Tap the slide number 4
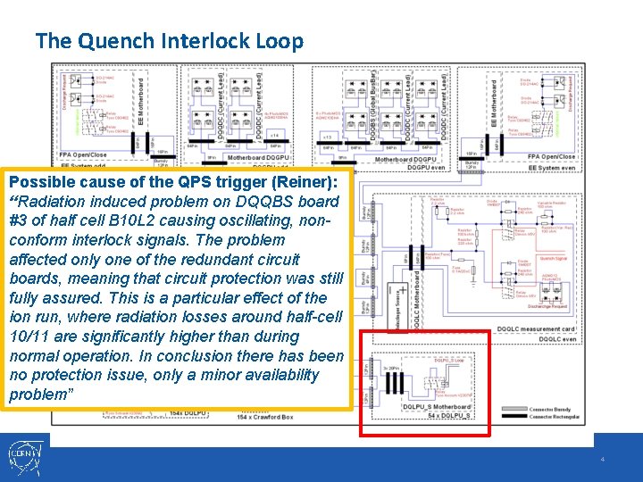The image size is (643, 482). point(603,459)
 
